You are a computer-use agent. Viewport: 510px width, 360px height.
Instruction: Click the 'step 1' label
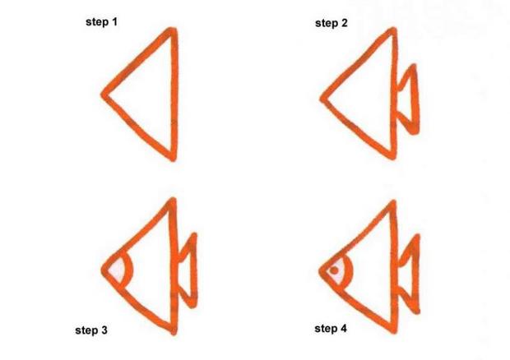pos(102,21)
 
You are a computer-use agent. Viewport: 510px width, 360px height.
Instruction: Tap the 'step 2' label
pos(331,23)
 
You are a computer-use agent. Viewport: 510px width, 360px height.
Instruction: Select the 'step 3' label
pos(91,330)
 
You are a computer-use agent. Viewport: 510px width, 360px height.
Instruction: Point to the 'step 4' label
pos(331,329)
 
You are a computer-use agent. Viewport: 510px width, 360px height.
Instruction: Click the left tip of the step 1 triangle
pos(105,93)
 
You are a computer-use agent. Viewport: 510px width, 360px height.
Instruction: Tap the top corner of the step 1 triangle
pos(173,33)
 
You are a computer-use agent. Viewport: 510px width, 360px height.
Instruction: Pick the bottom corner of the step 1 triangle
pos(173,156)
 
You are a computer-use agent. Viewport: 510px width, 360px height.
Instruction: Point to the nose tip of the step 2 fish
pos(322,103)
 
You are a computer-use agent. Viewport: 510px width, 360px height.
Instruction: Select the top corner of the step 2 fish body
pos(394,33)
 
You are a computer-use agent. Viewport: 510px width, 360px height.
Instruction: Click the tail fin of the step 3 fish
pos(188,267)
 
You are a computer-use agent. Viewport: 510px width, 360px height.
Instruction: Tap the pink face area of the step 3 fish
pos(117,269)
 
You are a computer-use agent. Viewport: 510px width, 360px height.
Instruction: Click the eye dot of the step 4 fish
pos(333,269)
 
